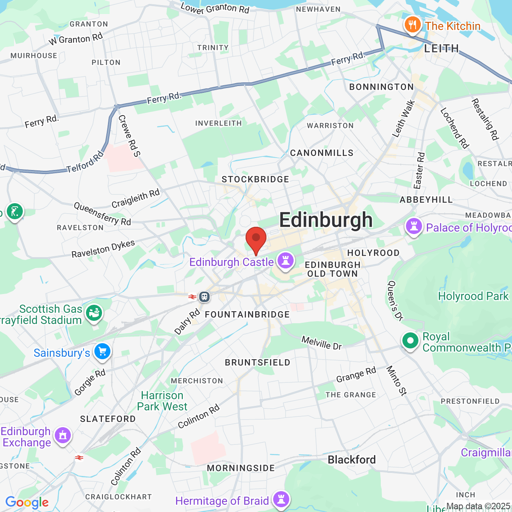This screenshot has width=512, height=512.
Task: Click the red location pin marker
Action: pos(256,239)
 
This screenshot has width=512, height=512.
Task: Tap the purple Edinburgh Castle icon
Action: pos(286,260)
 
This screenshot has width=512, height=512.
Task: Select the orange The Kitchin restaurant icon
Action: pos(412,25)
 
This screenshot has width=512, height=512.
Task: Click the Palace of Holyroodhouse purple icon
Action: pos(414,226)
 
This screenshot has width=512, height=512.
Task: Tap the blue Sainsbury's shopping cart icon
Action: pos(102,352)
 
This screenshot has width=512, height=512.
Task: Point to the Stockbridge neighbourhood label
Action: pos(255,179)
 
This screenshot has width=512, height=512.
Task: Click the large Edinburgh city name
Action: pos(326,220)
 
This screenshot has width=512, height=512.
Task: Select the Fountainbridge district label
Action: pos(247,314)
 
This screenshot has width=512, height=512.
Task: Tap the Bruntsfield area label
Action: pos(258,362)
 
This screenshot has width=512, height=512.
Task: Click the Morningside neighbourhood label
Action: pos(241,468)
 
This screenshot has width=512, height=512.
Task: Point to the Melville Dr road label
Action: pos(322,343)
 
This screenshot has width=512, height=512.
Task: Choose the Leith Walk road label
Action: pos(404,119)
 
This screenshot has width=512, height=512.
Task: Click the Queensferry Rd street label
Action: pos(102,214)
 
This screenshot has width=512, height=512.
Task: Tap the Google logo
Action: pos(27,502)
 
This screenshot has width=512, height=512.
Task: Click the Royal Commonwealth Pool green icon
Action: pos(410,341)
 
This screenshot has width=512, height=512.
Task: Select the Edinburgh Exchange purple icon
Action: pos(63,435)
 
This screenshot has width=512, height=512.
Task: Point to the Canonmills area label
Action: pos(322,153)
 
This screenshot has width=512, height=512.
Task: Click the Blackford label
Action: pos(352,460)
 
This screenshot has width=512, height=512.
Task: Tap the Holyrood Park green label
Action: pos(473,296)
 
